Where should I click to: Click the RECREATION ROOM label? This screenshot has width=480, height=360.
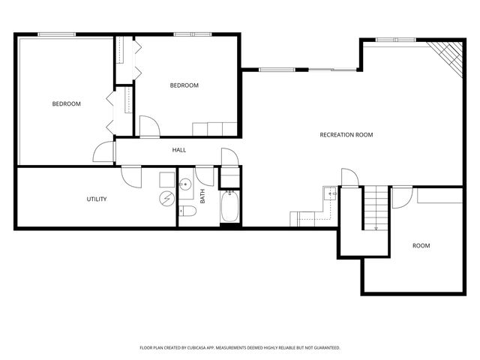click(x=346, y=135)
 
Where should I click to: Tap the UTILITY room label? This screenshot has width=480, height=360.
click(x=97, y=199)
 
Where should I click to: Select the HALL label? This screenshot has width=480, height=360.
click(x=179, y=150)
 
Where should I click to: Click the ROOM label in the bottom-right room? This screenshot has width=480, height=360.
click(x=421, y=245)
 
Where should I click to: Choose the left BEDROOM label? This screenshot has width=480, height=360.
click(x=66, y=103)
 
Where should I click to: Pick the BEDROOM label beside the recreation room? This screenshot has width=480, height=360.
click(x=184, y=85)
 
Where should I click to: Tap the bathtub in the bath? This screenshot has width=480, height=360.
click(x=229, y=207)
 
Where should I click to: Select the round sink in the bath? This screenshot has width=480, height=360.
click(x=187, y=184)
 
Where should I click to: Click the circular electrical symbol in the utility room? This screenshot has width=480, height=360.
click(x=166, y=198)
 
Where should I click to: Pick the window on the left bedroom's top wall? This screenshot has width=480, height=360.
click(x=57, y=34)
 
